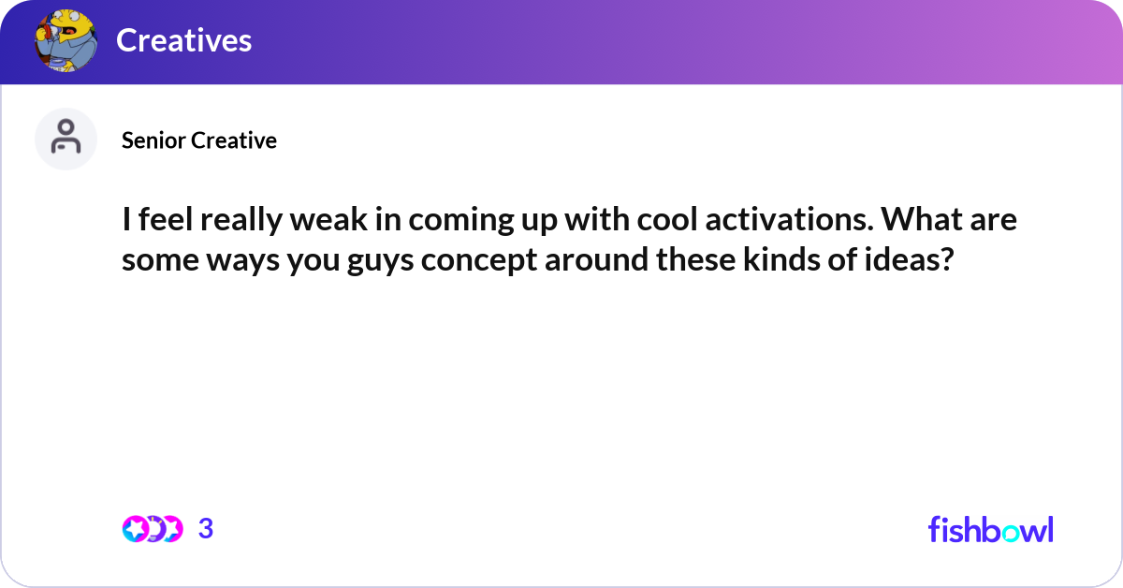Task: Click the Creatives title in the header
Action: (x=183, y=40)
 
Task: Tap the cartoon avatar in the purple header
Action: (x=66, y=40)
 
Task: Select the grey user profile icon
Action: (x=66, y=139)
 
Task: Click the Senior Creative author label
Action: (x=199, y=140)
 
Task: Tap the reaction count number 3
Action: (x=206, y=529)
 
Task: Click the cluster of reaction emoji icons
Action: (x=152, y=529)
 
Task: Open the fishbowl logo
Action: (x=990, y=529)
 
